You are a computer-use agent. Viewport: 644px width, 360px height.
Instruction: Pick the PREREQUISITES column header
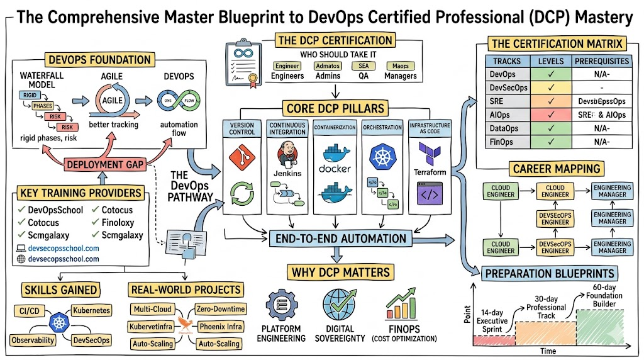[601, 61]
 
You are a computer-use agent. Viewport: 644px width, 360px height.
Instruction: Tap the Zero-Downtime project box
[221, 310]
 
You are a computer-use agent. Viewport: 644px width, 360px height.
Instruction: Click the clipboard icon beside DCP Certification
[243, 61]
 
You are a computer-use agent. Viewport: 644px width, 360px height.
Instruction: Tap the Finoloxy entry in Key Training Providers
[116, 222]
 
